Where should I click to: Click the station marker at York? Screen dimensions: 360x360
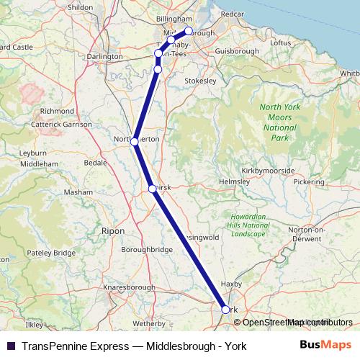tap(225, 310)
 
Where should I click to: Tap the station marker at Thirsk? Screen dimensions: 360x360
tap(152, 189)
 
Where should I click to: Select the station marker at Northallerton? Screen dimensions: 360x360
tap(135, 142)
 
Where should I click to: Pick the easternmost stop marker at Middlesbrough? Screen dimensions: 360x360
tap(189, 31)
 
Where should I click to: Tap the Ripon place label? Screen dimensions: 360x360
tap(114, 231)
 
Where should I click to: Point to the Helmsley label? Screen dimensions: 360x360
tap(233, 181)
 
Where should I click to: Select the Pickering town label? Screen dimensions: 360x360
tap(308, 182)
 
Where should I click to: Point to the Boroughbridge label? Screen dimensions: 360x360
tap(147, 249)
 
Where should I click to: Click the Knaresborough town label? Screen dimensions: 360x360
tap(130, 287)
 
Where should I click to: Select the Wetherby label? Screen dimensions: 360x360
tap(149, 314)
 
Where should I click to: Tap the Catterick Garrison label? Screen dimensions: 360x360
tap(61, 125)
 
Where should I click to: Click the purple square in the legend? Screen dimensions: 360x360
tap(11, 346)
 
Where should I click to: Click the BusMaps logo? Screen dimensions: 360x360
tap(326, 346)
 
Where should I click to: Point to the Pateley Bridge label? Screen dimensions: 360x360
tap(52, 253)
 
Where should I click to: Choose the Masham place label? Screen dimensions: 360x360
tap(78, 192)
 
